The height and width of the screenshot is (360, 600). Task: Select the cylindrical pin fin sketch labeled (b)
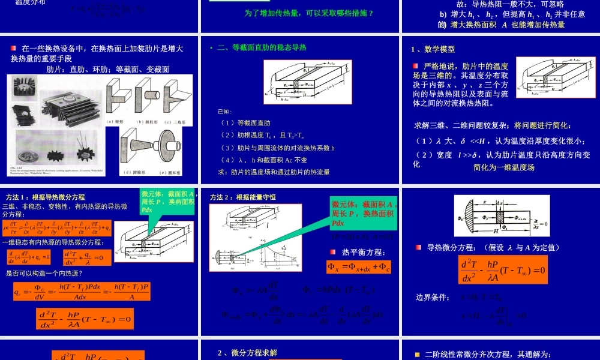pos(146,98)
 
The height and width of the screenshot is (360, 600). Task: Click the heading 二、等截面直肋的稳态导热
pos(262,47)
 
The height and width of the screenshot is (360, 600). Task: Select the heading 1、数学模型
pos(433,49)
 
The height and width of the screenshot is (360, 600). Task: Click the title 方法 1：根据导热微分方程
pos(45,197)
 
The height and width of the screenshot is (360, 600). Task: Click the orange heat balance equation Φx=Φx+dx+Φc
pos(359,267)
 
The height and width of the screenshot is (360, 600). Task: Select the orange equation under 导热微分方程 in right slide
pos(503,270)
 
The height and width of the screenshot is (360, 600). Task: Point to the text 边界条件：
pos(433,297)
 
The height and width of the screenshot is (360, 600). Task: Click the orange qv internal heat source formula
pos(82,292)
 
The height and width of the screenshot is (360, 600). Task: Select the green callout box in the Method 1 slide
pos(168,201)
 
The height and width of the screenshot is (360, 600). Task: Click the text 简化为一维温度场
pos(503,167)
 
